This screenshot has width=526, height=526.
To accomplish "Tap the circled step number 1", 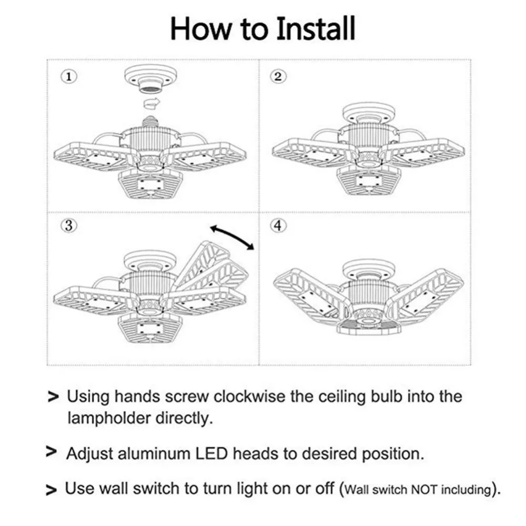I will click(x=68, y=76).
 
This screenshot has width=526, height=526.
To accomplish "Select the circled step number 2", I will click(x=278, y=76).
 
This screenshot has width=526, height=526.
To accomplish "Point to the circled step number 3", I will click(x=68, y=226).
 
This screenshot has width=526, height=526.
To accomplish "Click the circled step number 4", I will click(x=278, y=226).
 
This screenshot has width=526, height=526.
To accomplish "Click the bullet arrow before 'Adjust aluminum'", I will click(x=52, y=452).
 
